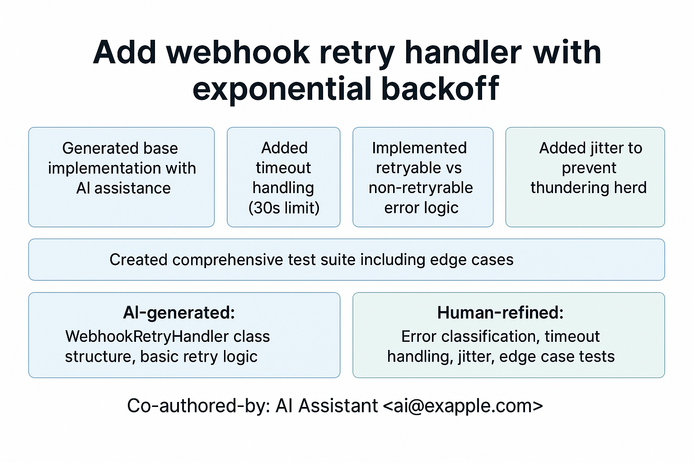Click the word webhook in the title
(238, 53)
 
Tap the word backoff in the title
(440, 89)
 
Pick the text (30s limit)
(284, 208)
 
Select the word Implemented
(419, 148)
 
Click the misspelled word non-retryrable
(421, 188)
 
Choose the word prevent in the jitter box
(589, 168)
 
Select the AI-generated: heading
(179, 313)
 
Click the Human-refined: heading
(500, 313)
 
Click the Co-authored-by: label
(198, 406)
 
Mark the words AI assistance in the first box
(123, 188)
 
